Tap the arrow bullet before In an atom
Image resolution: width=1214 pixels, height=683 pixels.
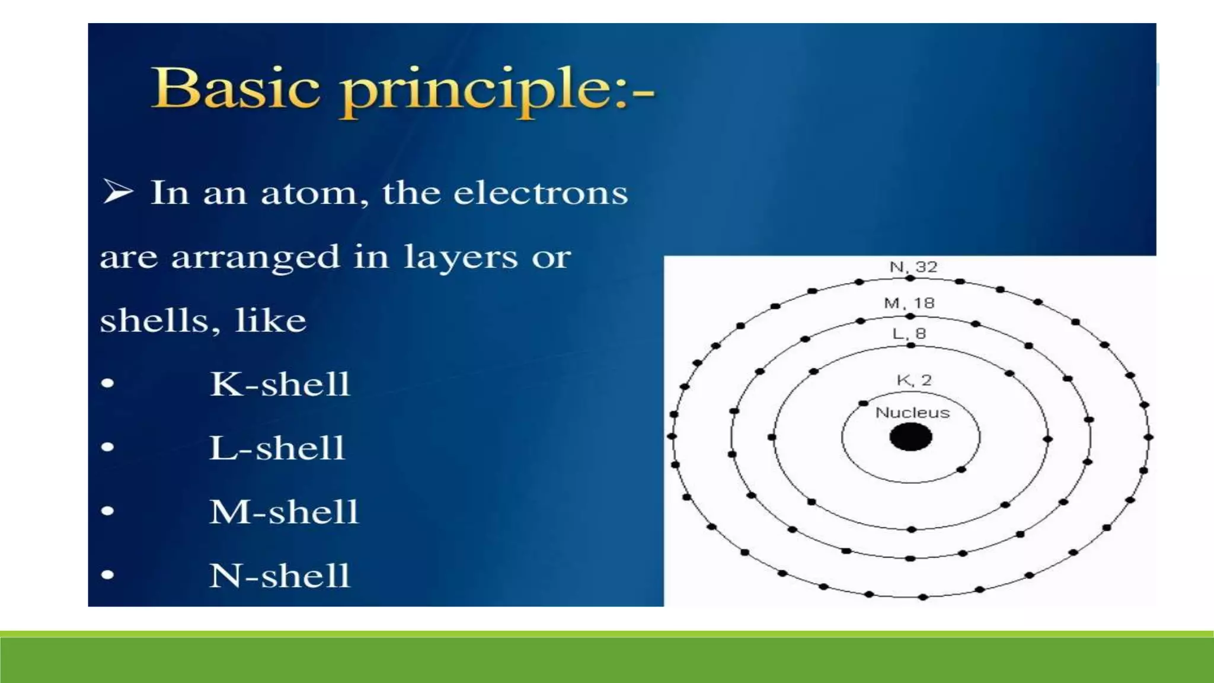click(x=117, y=192)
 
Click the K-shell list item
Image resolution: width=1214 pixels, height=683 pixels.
click(x=280, y=384)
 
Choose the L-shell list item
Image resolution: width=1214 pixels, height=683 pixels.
click(x=277, y=448)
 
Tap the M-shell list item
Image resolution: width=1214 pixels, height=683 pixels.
click(x=284, y=512)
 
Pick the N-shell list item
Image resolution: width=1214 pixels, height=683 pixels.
click(x=280, y=576)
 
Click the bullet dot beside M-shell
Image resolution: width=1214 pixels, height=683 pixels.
click(x=107, y=510)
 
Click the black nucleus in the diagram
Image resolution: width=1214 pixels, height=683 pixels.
click(x=910, y=438)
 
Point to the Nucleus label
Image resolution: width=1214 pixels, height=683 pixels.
click(x=912, y=413)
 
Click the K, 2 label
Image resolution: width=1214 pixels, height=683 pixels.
click(x=914, y=380)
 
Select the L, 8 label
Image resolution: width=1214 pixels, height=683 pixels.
click(x=909, y=334)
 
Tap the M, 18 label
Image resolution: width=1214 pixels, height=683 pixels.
click(x=909, y=304)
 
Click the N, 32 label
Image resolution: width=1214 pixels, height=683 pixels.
click(x=913, y=267)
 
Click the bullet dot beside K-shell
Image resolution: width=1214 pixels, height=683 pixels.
click(x=107, y=383)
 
